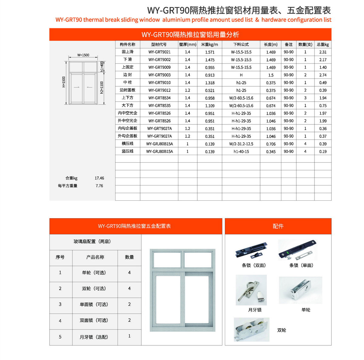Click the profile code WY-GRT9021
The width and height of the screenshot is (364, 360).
coord(159,52)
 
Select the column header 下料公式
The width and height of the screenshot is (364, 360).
coord(241,44)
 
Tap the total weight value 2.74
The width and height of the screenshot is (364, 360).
coord(323,75)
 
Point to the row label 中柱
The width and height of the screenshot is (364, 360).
coord(128,82)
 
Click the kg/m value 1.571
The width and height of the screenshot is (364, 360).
coord(210,52)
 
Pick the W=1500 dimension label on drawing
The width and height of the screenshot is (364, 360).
coord(83,55)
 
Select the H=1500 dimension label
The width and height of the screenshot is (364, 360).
coord(64,82)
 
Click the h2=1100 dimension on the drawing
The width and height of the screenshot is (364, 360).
coord(102,87)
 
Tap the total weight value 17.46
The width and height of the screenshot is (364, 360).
coord(99,178)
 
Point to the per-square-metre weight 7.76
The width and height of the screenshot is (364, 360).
coord(99,186)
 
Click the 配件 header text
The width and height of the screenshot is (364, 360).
coord(278,226)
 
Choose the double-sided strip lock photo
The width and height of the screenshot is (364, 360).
coord(251,251)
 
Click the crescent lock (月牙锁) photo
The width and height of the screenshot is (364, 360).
coord(251,290)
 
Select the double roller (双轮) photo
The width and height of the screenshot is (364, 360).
coord(252,330)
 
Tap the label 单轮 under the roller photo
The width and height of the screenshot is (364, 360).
coord(306,310)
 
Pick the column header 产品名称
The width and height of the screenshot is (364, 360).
coord(95,257)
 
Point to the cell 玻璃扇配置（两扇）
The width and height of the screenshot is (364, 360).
coord(92,241)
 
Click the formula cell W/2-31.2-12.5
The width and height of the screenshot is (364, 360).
coord(241,144)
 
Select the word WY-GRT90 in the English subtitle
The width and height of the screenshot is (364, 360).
coord(69,20)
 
